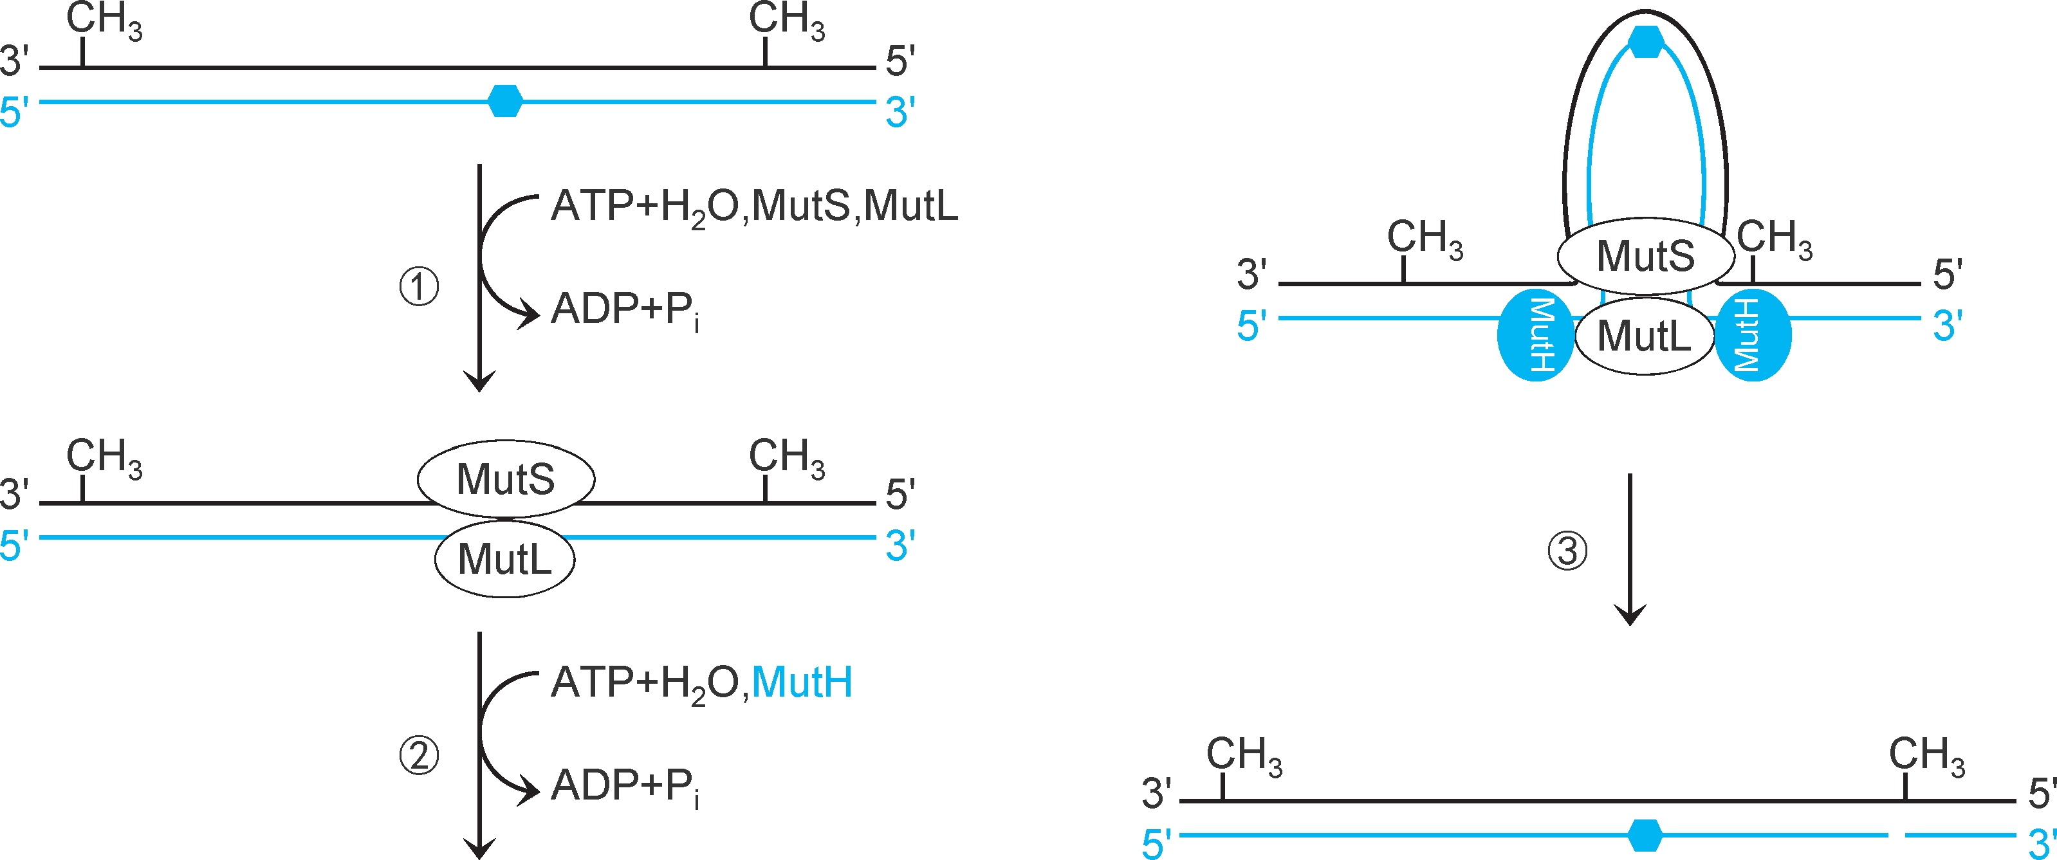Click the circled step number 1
pyautogui.click(x=418, y=288)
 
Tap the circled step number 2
pyautogui.click(x=418, y=755)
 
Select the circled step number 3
pyautogui.click(x=1567, y=551)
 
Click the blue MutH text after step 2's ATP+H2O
pyautogui.click(x=802, y=682)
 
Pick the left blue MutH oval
pyautogui.click(x=1535, y=335)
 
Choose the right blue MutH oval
pyautogui.click(x=1753, y=335)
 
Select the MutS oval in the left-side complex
pyautogui.click(x=506, y=479)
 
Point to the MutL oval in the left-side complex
pyautogui.click(x=504, y=559)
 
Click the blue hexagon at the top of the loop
pyautogui.click(x=1646, y=42)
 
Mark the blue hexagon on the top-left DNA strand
pyautogui.click(x=504, y=102)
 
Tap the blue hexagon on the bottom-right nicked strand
pyautogui.click(x=1645, y=836)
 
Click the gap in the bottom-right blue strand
pyautogui.click(x=1897, y=836)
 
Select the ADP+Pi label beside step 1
pyautogui.click(x=625, y=310)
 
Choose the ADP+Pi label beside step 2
pyautogui.click(x=625, y=786)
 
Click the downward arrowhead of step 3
pyautogui.click(x=1630, y=614)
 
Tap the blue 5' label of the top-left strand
pyautogui.click(x=14, y=113)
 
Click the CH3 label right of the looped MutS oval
pyautogui.click(x=1775, y=239)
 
